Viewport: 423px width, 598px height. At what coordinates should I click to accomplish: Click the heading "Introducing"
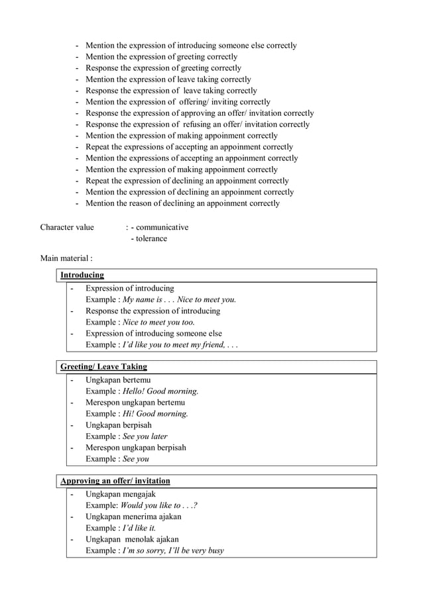[x=82, y=275]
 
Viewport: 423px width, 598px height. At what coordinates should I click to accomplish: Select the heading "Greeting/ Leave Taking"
[x=103, y=366]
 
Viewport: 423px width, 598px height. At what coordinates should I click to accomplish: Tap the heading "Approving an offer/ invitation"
[x=115, y=480]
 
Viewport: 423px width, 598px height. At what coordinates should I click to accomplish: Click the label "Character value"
[x=67, y=227]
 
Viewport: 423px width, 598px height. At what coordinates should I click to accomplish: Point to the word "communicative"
[x=162, y=227]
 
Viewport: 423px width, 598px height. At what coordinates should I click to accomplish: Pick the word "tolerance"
[x=151, y=238]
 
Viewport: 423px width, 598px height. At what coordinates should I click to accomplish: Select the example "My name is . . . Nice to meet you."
[x=180, y=299]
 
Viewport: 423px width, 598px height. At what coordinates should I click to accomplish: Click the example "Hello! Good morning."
[x=160, y=391]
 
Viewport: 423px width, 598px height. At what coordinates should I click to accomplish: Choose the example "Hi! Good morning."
[x=155, y=413]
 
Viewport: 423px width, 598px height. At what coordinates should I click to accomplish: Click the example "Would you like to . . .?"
[x=159, y=505]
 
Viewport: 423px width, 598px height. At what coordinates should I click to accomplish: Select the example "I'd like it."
[x=139, y=528]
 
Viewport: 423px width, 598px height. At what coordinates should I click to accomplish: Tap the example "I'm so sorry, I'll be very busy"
[x=173, y=550]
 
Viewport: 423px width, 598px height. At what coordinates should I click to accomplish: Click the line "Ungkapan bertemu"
[x=118, y=379]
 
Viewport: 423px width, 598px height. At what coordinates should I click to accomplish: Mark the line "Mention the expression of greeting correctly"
[x=161, y=56]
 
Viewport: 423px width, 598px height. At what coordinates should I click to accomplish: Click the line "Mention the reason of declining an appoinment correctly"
[x=182, y=203]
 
